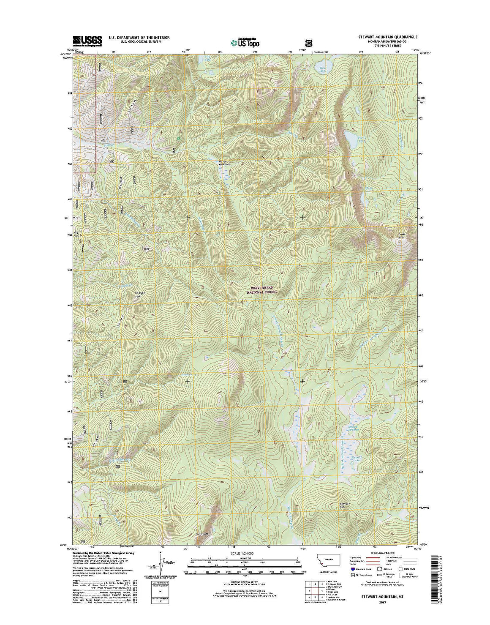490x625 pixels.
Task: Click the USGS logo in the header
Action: pyautogui.click(x=87, y=41)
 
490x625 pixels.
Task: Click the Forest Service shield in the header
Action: pyautogui.click(x=309, y=42)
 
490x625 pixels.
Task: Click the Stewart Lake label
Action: pyautogui.click(x=357, y=459)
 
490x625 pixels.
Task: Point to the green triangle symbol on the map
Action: pyautogui.click(x=179, y=138)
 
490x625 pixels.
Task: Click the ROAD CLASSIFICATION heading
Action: pyautogui.click(x=381, y=552)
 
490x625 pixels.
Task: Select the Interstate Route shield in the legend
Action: pyautogui.click(x=352, y=569)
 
